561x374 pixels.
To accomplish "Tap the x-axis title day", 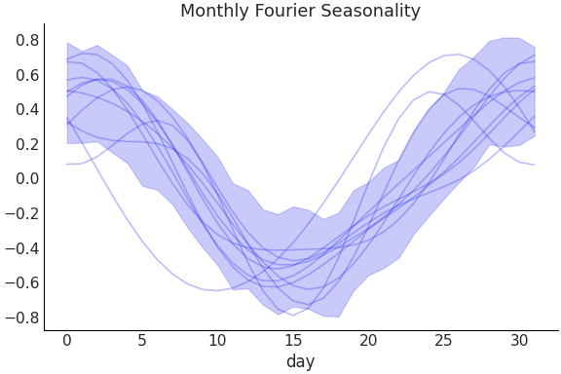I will pos(300,362).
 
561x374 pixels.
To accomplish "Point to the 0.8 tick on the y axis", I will pos(27,41).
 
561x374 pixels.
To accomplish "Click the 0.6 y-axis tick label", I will pos(27,75).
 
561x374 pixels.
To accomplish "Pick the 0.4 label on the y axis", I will pos(27,110).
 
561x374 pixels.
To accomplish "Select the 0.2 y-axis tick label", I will pos(27,144).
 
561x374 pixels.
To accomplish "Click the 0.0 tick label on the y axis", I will pos(27,179).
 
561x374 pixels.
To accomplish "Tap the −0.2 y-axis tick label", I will pos(23,213).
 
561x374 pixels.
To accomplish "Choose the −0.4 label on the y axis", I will pos(23,248).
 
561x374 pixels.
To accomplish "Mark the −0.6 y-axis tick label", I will pos(23,283).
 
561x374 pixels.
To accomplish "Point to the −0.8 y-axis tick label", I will pos(23,318).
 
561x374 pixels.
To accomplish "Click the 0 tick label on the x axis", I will pos(67,341).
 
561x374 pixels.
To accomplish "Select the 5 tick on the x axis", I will pos(142,341).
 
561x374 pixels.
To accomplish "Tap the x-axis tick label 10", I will pos(217,341).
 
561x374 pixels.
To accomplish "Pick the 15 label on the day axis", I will pos(293,341).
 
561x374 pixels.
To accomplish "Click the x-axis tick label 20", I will pos(368,341).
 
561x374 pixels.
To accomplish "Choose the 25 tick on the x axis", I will pos(443,341).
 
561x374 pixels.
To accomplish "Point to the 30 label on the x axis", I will pos(519,341).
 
